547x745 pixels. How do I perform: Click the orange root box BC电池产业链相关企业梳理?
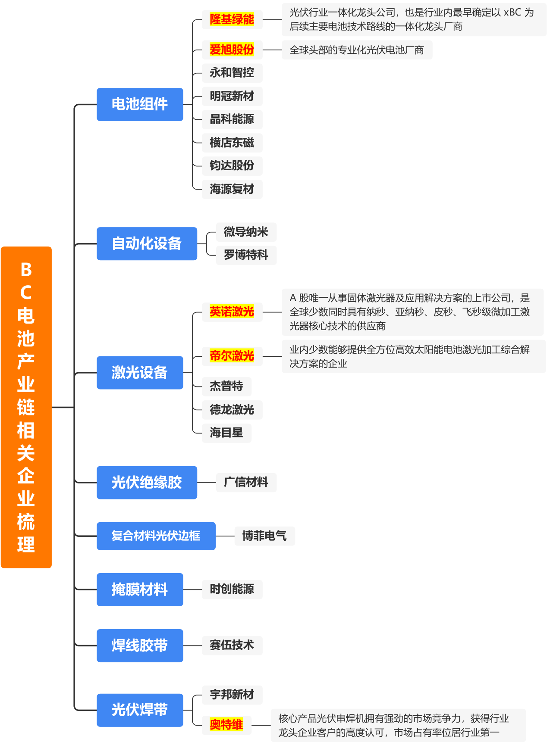click(26, 407)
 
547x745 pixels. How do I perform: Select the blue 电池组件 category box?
click(140, 104)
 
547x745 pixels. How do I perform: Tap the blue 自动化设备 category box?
click(147, 243)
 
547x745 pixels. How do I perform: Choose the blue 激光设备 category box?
click(140, 373)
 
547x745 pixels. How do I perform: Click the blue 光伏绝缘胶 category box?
click(147, 483)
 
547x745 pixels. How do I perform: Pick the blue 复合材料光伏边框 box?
click(156, 536)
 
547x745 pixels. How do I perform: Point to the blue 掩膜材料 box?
click(140, 589)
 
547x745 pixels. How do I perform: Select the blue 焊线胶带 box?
click(140, 645)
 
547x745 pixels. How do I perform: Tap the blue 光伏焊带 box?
click(140, 710)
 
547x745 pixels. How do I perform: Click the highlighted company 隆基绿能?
click(232, 19)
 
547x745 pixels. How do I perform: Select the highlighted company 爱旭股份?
click(232, 50)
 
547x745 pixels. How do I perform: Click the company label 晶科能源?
click(232, 119)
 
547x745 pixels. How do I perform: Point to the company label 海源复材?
click(232, 189)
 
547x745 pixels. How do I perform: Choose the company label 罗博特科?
click(246, 255)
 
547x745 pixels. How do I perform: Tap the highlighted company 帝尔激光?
click(232, 356)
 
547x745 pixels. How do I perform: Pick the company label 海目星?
click(226, 433)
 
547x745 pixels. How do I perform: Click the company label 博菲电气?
click(264, 536)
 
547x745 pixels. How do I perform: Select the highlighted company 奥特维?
click(226, 725)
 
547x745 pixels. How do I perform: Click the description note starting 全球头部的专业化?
click(357, 50)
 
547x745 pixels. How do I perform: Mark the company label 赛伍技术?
click(232, 645)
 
